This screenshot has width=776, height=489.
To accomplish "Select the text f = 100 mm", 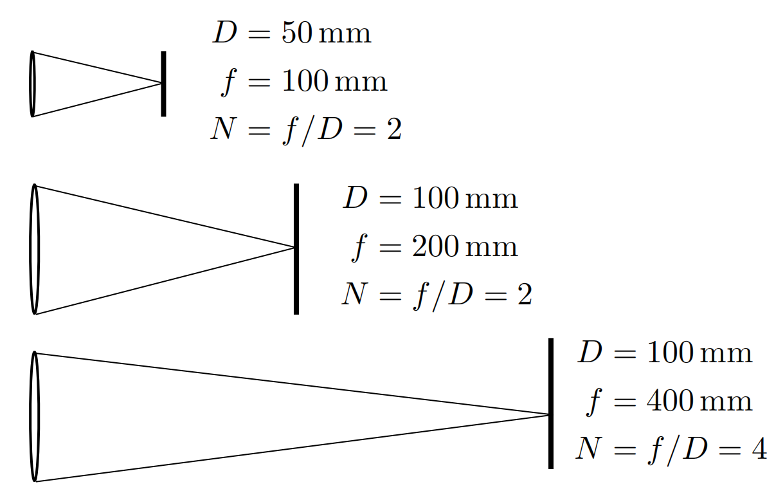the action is click(x=303, y=82).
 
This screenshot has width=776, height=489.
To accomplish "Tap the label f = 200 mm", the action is click(x=435, y=246).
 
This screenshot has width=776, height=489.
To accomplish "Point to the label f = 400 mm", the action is click(x=669, y=401).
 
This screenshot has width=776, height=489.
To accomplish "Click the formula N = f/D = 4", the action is click(x=671, y=448).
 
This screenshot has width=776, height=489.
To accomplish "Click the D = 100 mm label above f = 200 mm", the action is click(x=430, y=198).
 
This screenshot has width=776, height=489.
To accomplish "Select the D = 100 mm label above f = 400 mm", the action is click(x=665, y=353).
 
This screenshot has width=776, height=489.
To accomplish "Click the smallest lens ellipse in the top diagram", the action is click(x=32, y=84).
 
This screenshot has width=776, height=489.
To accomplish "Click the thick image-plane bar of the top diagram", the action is click(x=163, y=84).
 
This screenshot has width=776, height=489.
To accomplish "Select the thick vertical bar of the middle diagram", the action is click(x=296, y=249).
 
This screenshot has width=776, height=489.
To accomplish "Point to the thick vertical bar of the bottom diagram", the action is click(x=551, y=403).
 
